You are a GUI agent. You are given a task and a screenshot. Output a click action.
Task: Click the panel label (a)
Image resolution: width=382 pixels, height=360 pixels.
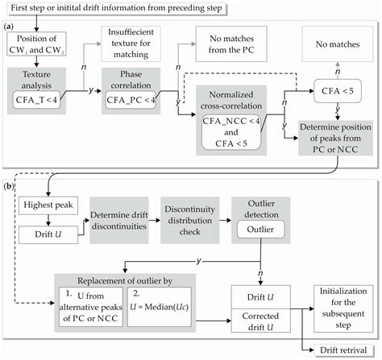click(11, 26)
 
